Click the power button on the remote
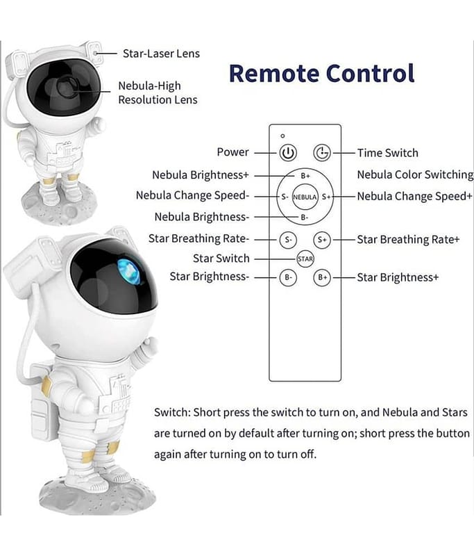coord(288,153)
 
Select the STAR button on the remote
coord(305,259)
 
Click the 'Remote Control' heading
coord(321,73)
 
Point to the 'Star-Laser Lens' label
coord(160,54)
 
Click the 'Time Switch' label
coord(387,153)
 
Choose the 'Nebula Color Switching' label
coord(415,175)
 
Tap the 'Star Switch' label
coord(221,259)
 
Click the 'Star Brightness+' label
coord(398,277)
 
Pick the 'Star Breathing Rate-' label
coord(198,239)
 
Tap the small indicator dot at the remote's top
coord(283,136)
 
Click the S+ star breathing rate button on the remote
coord(321,240)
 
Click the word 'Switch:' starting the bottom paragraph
coord(173,413)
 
